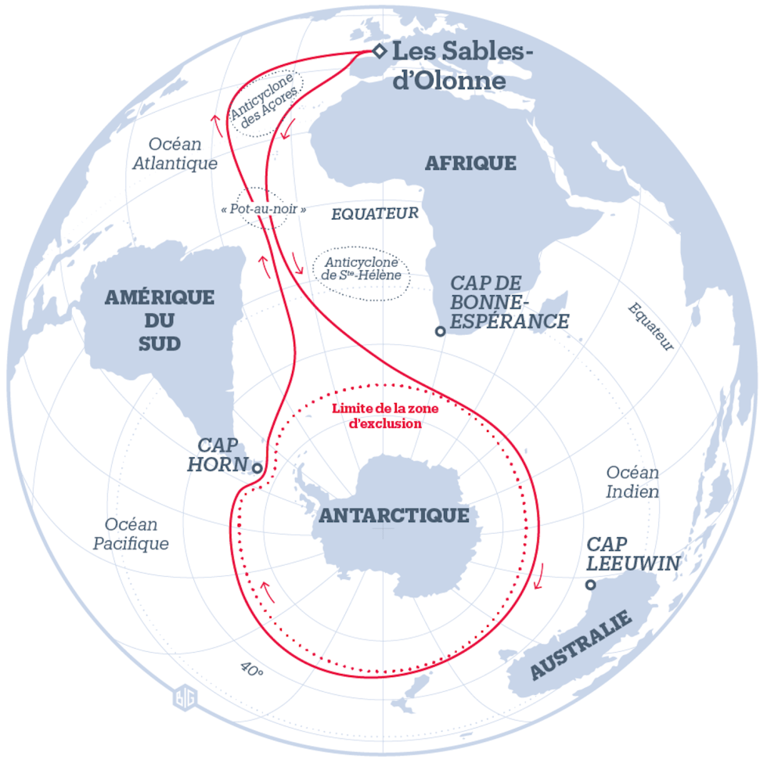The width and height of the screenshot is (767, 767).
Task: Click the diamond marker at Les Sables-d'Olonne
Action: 379,52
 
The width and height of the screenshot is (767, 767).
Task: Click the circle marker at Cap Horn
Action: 257,468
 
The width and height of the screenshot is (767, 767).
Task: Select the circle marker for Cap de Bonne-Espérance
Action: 441,332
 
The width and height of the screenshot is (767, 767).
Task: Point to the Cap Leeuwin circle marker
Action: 591,585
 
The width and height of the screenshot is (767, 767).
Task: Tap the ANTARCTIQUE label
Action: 394,515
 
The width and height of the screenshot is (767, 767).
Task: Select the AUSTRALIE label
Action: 581,646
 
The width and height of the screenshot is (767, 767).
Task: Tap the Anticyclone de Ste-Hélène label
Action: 361,269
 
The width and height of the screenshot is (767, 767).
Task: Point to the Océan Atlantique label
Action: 175,153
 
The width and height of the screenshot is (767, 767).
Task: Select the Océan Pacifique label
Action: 131,534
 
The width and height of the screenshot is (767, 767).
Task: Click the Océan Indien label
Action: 632,482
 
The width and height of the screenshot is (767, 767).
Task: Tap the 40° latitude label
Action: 251,670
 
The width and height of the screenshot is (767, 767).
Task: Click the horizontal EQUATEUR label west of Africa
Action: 375,213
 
